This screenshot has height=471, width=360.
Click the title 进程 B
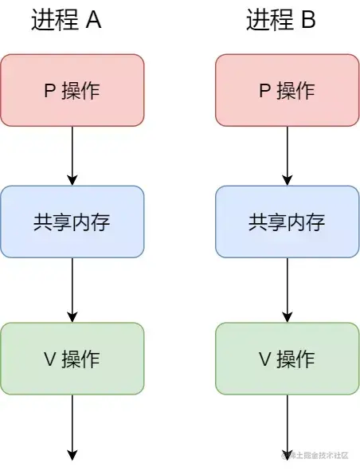[281, 22]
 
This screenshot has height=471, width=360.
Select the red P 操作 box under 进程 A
[72, 90]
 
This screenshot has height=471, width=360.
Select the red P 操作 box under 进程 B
[288, 90]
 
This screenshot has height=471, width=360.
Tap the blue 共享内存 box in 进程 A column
[72, 222]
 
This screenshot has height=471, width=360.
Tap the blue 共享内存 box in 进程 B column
[288, 222]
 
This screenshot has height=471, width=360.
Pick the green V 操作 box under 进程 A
[72, 359]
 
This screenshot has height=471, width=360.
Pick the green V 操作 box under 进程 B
[288, 359]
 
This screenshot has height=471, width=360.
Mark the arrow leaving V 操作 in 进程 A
[72, 426]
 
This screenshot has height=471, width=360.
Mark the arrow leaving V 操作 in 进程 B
[288, 426]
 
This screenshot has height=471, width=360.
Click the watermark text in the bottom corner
[315, 456]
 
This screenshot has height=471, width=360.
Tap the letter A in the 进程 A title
[93, 22]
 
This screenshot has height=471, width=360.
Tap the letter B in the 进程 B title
[307, 22]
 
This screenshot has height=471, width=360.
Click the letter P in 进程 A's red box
[49, 91]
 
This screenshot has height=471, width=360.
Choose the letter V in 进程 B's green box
[265, 359]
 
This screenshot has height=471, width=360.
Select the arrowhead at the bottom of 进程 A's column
[72, 455]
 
